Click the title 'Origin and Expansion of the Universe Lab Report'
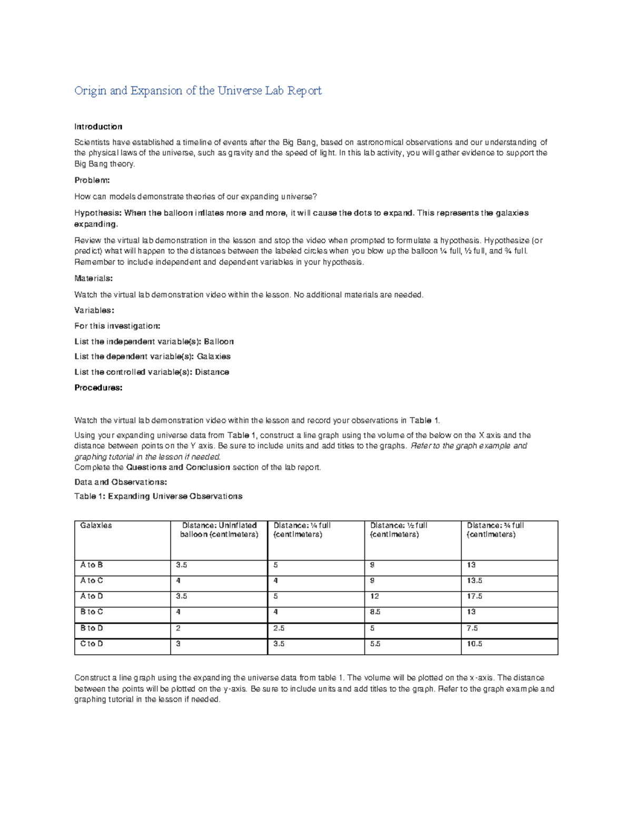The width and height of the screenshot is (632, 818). [197, 91]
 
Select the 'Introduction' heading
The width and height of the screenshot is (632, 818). [98, 126]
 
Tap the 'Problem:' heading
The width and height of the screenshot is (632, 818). [92, 180]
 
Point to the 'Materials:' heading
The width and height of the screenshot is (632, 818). [94, 278]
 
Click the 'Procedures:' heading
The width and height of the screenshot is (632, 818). [98, 388]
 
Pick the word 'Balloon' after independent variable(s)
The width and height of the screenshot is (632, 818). [219, 341]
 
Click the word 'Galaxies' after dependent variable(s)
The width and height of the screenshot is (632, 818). [213, 357]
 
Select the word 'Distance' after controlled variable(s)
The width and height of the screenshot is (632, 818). [212, 372]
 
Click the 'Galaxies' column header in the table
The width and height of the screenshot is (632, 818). [96, 525]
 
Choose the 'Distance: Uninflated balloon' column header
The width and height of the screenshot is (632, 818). [219, 529]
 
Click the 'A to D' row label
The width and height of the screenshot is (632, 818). [92, 596]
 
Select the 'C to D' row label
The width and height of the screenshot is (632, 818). [92, 644]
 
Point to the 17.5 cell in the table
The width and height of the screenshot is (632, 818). [474, 596]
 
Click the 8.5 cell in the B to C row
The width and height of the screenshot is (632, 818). [375, 612]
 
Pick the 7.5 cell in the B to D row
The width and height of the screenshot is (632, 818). [472, 628]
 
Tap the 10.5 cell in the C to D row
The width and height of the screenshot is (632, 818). [474, 644]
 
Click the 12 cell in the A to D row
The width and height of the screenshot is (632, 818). [374, 596]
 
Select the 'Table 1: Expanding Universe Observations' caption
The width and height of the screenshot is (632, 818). [158, 496]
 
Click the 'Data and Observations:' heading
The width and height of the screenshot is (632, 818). [121, 482]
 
